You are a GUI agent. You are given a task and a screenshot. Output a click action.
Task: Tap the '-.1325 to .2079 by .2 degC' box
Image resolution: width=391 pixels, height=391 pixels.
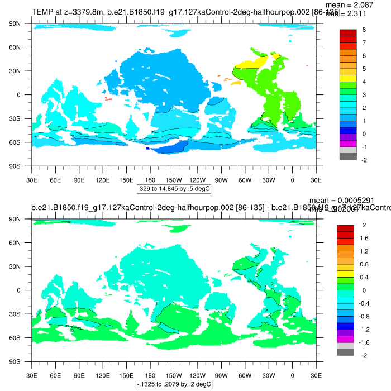[174, 384]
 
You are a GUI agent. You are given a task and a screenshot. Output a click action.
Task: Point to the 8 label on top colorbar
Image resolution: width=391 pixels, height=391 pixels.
[364, 30]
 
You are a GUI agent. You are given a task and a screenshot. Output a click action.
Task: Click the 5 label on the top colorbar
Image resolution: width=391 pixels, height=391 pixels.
[364, 69]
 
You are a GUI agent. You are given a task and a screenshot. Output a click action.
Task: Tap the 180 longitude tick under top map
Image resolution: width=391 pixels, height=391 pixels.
[150, 180]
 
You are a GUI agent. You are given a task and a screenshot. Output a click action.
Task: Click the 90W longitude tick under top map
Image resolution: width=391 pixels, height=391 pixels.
[221, 180]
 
